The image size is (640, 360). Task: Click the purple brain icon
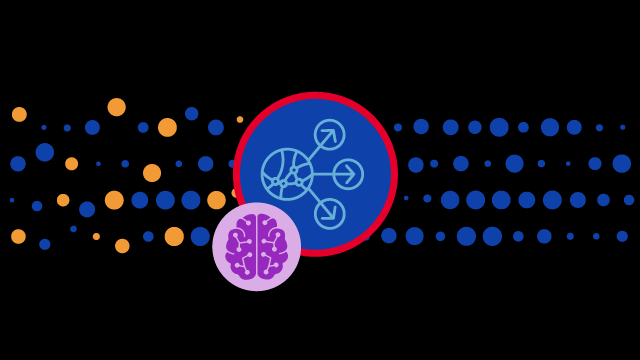coord(257,246)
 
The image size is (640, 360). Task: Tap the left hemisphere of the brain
coord(243,246)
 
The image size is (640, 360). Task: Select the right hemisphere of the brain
coord(271,246)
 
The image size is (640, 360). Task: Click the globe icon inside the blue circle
coord(287,174)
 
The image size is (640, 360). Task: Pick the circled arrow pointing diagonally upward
coord(329,135)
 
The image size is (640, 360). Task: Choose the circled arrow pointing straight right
coord(348,174)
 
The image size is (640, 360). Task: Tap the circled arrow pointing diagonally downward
coord(329,213)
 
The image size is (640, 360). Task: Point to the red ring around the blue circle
coord(315,96)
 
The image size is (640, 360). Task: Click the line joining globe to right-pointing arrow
coord(323,174)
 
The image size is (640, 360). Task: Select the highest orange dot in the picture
coord(117,107)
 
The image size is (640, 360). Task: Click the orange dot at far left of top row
coord(19,114)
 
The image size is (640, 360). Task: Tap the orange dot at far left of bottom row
coord(18,236)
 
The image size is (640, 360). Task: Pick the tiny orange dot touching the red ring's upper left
coord(240,120)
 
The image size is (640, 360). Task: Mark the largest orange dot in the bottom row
coord(174,236)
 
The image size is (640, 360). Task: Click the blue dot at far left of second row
coord(18,163)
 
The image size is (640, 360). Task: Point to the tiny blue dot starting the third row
coord(12,200)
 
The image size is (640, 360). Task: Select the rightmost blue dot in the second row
coord(622,163)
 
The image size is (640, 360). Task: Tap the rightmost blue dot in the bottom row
coord(622,236)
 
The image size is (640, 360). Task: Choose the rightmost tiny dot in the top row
coord(622,127)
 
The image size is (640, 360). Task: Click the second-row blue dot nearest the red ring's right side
coord(416,164)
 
